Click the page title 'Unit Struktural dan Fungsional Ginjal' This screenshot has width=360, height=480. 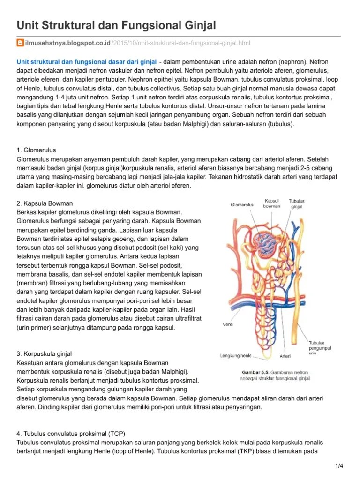116,25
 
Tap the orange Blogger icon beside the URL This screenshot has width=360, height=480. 20,43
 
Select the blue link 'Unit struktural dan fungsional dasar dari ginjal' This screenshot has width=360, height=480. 87,61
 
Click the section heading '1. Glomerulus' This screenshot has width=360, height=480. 36,150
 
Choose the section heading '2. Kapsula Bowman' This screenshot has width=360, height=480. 45,203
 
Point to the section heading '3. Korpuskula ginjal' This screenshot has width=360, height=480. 44,353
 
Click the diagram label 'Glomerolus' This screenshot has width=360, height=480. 242,204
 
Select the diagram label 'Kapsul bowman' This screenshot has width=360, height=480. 272,203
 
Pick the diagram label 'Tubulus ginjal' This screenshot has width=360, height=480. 297,203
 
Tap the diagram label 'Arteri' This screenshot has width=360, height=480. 285,356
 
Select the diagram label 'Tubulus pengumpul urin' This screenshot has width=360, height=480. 319,348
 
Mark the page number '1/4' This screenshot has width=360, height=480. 339,466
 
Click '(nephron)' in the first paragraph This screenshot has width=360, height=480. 290,61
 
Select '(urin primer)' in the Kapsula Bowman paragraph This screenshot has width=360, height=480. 37,328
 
